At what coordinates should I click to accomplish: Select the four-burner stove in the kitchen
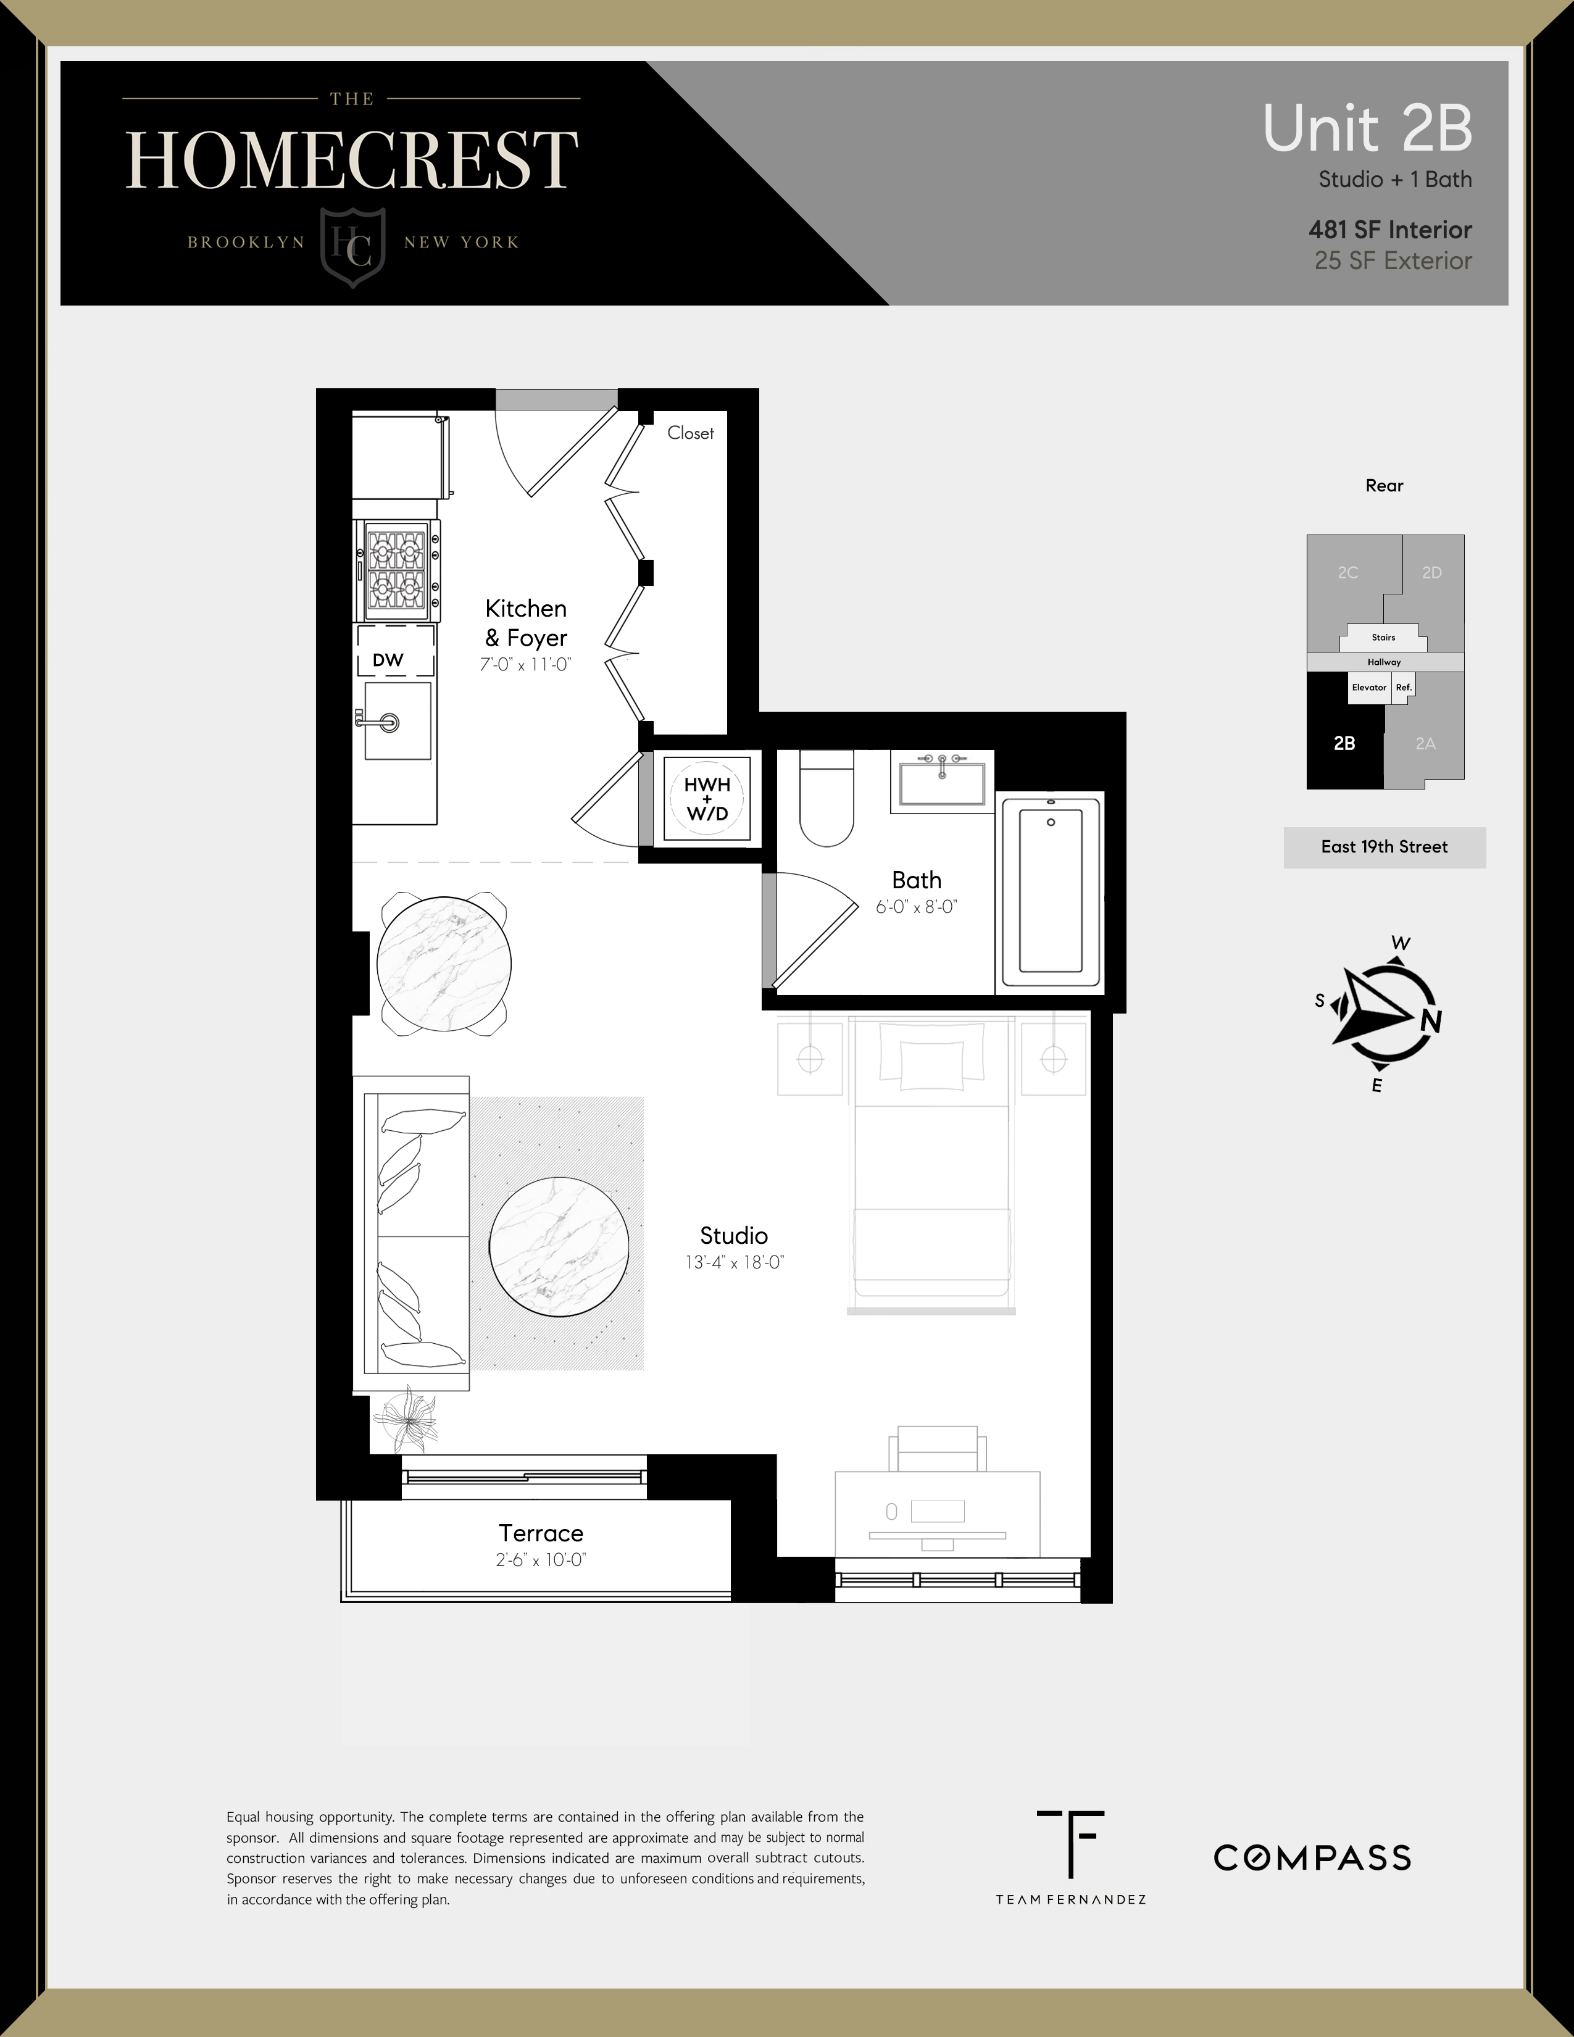tap(396, 570)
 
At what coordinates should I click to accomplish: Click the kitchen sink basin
tap(398, 721)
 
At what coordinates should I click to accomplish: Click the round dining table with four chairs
tap(444, 962)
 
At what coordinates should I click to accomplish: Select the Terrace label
tap(541, 1533)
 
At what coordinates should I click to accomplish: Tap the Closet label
tap(690, 433)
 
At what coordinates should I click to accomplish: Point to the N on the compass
tap(1431, 1022)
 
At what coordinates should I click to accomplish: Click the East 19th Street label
tap(1384, 847)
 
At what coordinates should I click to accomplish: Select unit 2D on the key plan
tap(1432, 573)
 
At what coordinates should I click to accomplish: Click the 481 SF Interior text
tap(1389, 230)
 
